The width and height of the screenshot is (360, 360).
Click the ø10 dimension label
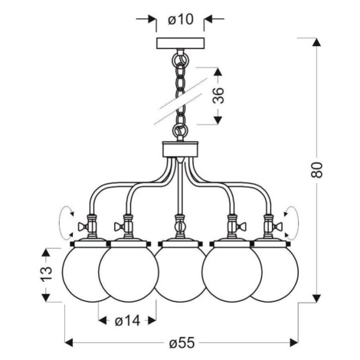(x=181, y=19)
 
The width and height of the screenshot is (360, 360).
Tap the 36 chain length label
(x=218, y=95)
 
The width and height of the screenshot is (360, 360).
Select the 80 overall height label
(x=317, y=169)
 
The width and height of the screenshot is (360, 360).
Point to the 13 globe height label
(x=46, y=273)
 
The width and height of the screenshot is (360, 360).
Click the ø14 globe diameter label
(x=127, y=321)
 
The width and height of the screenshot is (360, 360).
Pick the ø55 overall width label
(x=182, y=342)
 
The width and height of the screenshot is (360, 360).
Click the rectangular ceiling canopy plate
(x=180, y=43)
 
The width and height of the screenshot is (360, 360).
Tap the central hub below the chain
(x=180, y=149)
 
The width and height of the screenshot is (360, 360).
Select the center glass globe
(x=180, y=274)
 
